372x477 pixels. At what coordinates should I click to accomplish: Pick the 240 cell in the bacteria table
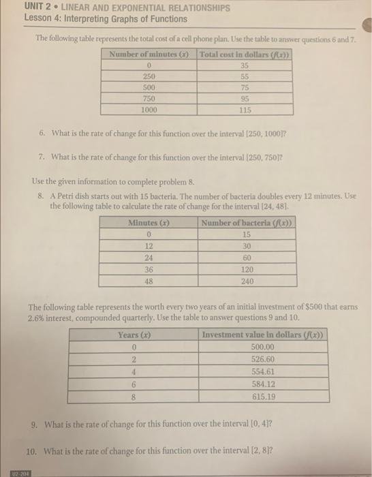pyautogui.click(x=247, y=280)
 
